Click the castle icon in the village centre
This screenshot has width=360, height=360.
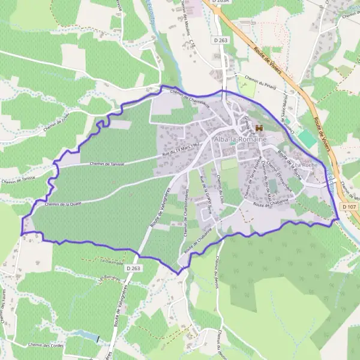[x=260, y=128]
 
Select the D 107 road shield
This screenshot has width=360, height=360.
[x=349, y=206]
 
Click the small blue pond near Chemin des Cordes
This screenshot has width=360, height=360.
[x=87, y=334]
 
